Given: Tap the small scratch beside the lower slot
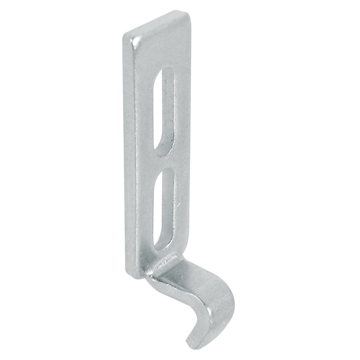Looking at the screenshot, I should (x=178, y=205).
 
